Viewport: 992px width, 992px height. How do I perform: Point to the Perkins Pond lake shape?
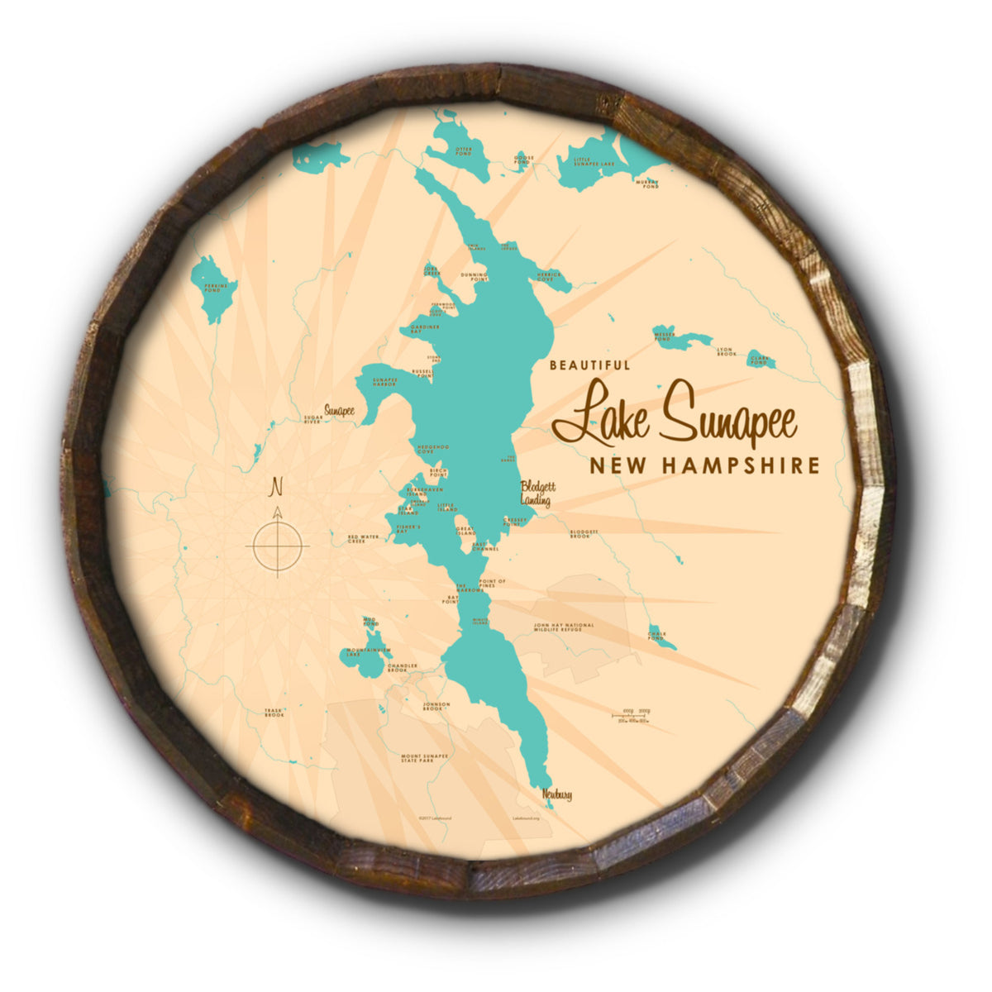tap(216, 289)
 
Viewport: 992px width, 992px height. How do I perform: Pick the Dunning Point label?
tap(474, 276)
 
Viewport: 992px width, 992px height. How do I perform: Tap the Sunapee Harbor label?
tap(384, 382)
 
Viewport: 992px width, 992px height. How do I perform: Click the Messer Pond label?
tap(663, 337)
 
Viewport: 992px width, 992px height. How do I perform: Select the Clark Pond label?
tap(759, 360)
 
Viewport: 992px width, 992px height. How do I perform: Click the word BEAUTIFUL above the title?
tap(589, 365)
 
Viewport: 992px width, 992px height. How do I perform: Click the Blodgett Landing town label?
tap(534, 494)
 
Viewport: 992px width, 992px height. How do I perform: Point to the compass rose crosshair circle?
tap(278, 546)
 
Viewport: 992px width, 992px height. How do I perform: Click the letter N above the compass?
tap(278, 486)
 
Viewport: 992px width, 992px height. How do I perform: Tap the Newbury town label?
tap(557, 795)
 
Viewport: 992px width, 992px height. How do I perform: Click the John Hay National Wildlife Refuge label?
tap(564, 627)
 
